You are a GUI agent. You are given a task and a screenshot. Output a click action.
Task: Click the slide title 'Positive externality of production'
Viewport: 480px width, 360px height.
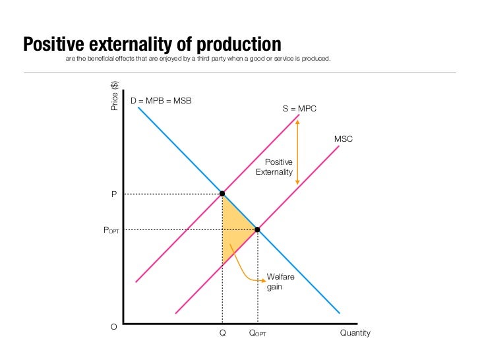[152, 44]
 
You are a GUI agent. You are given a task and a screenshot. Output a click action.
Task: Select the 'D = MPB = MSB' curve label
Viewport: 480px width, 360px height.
[161, 101]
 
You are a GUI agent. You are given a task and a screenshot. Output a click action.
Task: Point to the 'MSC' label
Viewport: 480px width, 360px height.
[344, 139]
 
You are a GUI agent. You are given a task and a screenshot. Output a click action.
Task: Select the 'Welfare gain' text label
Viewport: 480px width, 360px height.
[280, 282]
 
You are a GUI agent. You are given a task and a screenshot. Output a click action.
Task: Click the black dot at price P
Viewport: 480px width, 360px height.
[222, 194]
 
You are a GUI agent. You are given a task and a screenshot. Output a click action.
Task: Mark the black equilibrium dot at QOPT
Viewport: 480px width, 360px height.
[257, 229]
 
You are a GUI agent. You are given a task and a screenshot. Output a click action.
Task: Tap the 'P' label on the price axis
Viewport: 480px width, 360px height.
[113, 195]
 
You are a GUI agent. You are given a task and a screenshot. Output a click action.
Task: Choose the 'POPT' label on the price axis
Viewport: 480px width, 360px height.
[110, 230]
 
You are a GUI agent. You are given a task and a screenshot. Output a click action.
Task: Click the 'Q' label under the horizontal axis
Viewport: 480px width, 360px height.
[223, 333]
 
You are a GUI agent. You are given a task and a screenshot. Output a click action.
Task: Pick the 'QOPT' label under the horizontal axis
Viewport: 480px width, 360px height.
[257, 334]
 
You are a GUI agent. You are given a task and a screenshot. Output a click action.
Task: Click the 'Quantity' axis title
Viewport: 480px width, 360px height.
[355, 333]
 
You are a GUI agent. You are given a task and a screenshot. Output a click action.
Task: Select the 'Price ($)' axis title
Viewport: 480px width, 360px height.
[115, 96]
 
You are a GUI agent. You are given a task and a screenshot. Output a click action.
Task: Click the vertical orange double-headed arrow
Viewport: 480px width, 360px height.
[298, 152]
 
